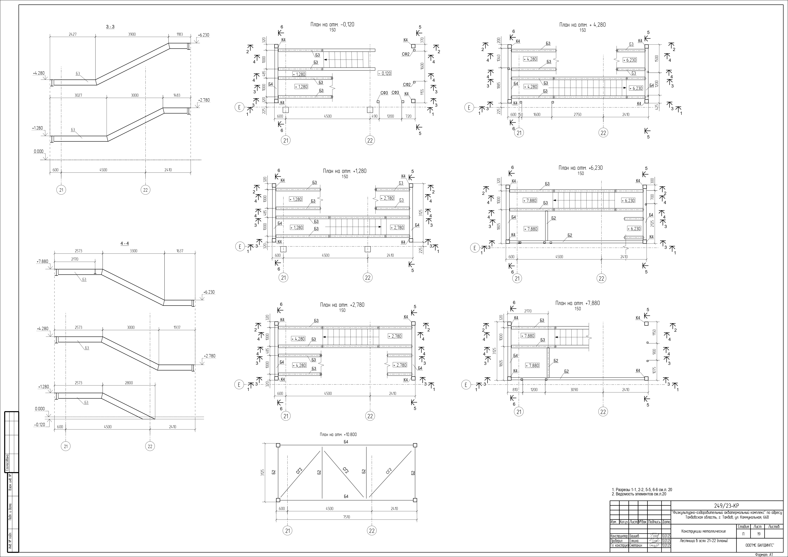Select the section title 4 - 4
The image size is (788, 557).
tap(125, 243)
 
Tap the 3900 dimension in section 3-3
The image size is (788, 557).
tap(132, 34)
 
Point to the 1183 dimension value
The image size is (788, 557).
tap(179, 34)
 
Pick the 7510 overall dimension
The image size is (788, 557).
tap(346, 517)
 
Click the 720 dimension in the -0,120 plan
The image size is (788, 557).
tap(408, 116)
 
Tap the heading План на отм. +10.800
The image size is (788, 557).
tap(338, 434)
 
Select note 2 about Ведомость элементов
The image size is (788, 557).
tap(639, 494)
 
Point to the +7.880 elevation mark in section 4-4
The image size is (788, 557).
tap(43, 261)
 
